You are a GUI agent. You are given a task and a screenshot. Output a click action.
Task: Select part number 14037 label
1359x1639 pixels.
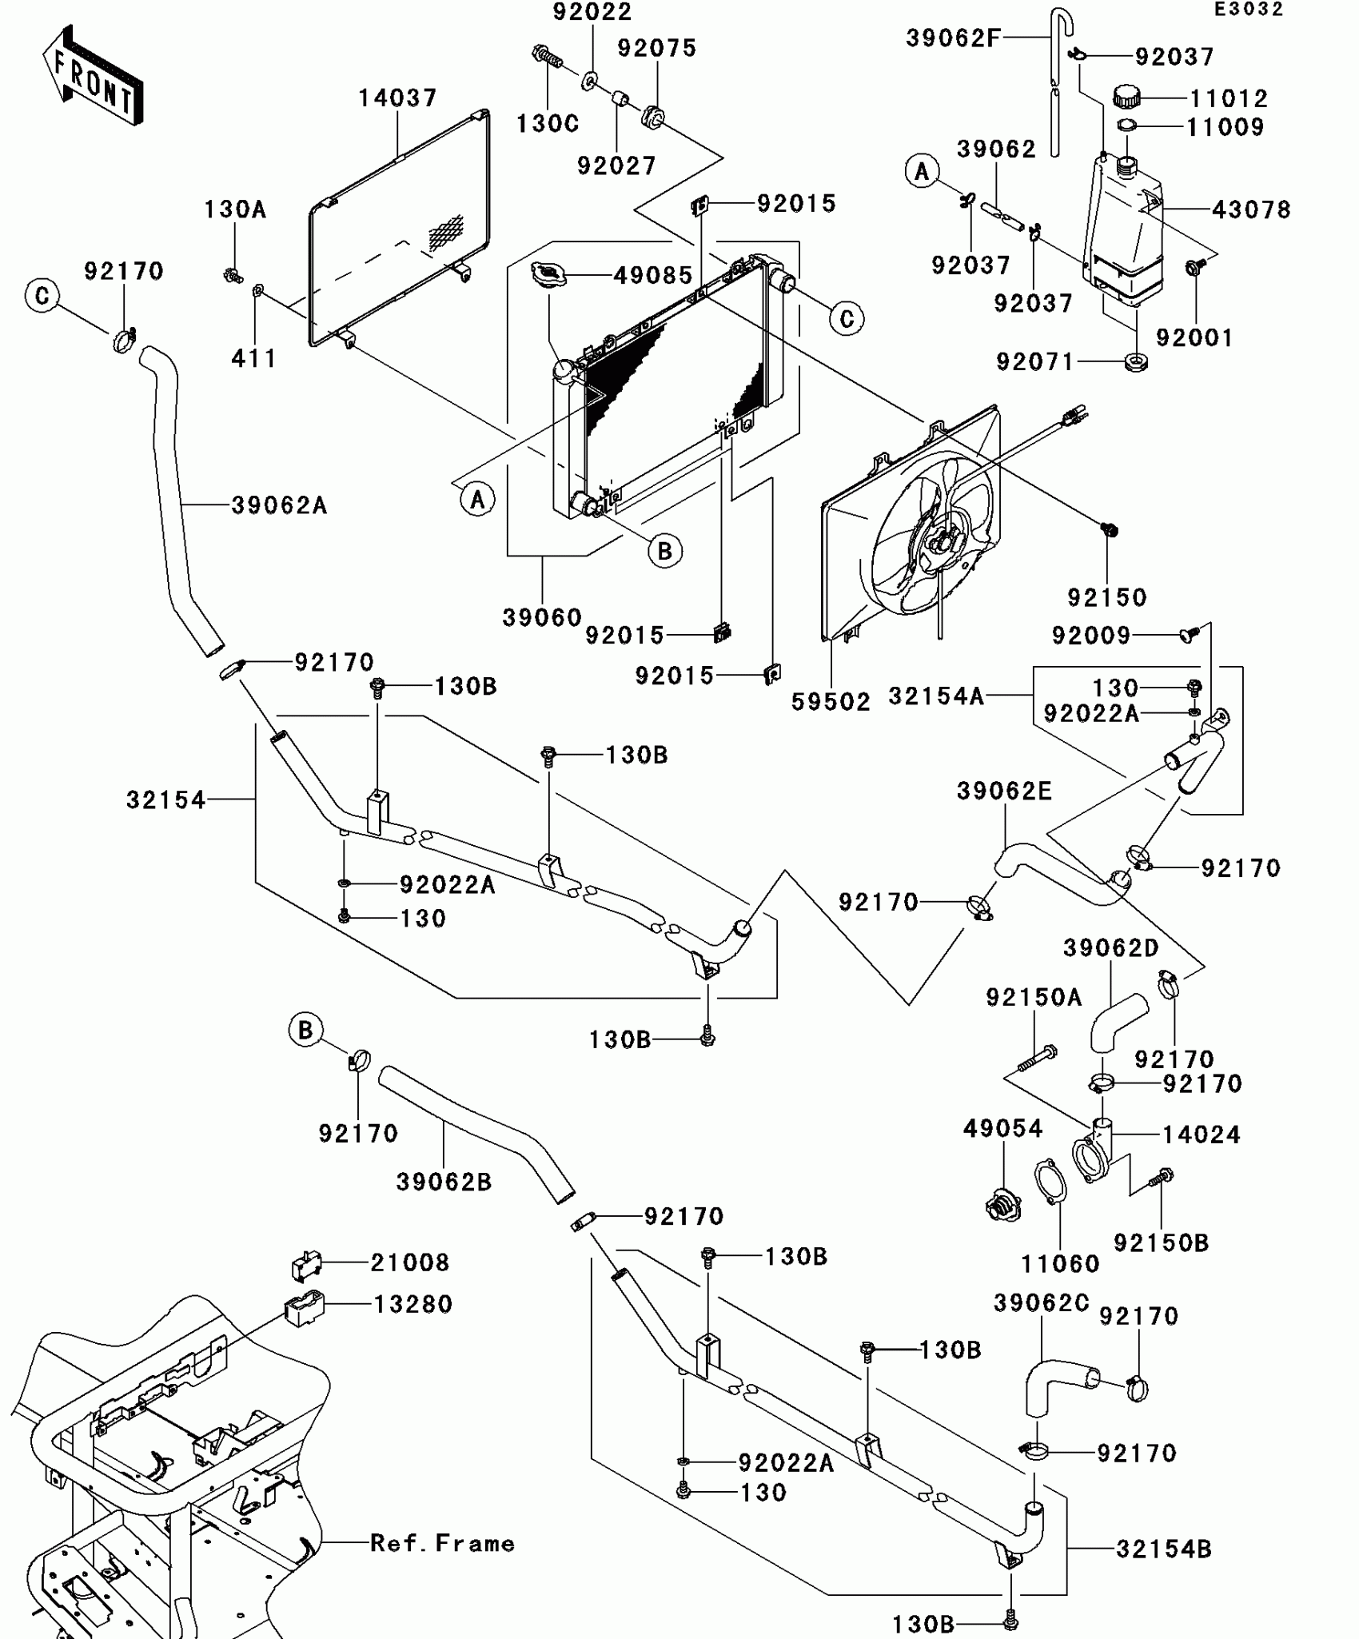[x=397, y=98]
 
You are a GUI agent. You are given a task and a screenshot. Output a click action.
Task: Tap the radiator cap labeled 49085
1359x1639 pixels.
[x=548, y=275]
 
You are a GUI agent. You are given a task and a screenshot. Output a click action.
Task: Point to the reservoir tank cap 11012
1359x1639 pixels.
[x=1126, y=97]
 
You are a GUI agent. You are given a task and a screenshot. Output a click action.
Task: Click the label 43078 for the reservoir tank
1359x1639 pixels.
[x=1251, y=210]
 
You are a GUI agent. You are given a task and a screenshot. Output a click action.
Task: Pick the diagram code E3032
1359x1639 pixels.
[x=1249, y=10]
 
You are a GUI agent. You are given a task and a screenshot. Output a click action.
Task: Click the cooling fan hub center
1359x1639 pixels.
[x=940, y=541]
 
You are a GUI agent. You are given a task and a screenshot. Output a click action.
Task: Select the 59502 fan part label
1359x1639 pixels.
[x=831, y=702]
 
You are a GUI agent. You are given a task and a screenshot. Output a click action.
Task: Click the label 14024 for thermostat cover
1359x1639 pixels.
[x=1201, y=1135]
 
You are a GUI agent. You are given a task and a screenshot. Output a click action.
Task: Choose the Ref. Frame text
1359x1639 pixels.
[x=442, y=1543]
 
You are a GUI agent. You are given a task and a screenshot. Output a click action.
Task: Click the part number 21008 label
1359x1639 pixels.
[x=409, y=1262]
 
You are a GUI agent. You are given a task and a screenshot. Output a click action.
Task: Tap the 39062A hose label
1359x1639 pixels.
[x=279, y=505]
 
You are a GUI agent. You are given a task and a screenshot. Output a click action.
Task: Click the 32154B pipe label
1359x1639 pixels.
[x=1164, y=1549]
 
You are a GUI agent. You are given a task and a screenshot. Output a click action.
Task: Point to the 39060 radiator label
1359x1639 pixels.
[x=542, y=617]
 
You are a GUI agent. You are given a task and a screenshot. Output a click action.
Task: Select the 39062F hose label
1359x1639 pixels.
[x=953, y=38]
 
